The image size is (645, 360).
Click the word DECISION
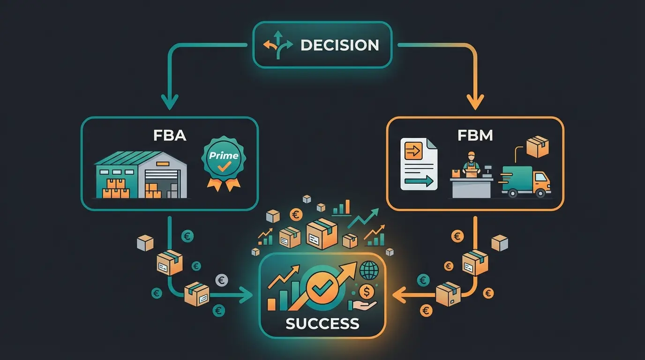pos(339,45)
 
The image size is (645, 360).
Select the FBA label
pos(170,135)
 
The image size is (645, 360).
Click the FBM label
pos(474,135)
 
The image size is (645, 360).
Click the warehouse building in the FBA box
pos(141,174)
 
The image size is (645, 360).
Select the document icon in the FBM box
pos(419,164)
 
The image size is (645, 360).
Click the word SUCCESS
pos(322,323)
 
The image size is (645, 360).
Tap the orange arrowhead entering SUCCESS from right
pos(399,295)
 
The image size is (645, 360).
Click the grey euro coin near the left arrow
pos(222,280)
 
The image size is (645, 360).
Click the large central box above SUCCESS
pos(322,233)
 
